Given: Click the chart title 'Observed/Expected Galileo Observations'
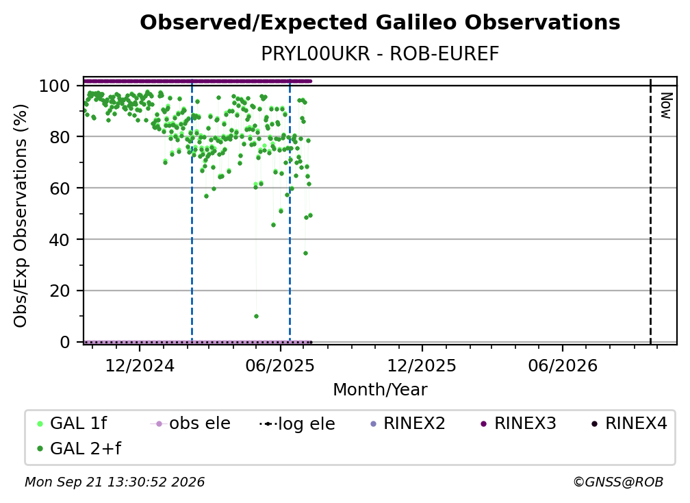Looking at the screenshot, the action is click(380, 23).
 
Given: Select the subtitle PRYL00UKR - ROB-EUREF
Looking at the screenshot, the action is click(380, 53).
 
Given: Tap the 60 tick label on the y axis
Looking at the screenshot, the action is click(60, 188).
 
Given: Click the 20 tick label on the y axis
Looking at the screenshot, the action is click(60, 291).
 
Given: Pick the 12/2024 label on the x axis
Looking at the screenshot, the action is click(140, 366).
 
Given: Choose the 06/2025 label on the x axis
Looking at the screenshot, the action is click(281, 366).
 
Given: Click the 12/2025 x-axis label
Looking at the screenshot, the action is click(422, 366).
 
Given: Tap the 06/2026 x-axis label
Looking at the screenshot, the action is click(563, 366).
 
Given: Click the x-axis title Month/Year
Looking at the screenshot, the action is click(380, 390).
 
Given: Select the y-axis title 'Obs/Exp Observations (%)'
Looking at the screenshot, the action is click(21, 216).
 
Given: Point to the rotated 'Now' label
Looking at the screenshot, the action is click(666, 106).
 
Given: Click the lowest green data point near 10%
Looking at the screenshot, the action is click(256, 316).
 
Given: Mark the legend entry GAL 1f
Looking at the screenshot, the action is click(72, 424).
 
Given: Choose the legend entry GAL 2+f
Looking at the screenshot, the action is click(79, 449).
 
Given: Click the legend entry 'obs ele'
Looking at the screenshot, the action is click(190, 424).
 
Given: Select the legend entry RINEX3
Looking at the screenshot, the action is click(519, 424).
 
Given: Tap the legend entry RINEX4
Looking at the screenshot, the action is click(630, 424).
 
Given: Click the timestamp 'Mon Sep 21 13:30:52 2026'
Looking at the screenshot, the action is click(114, 482).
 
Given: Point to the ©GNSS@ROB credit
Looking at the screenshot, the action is click(618, 482).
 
